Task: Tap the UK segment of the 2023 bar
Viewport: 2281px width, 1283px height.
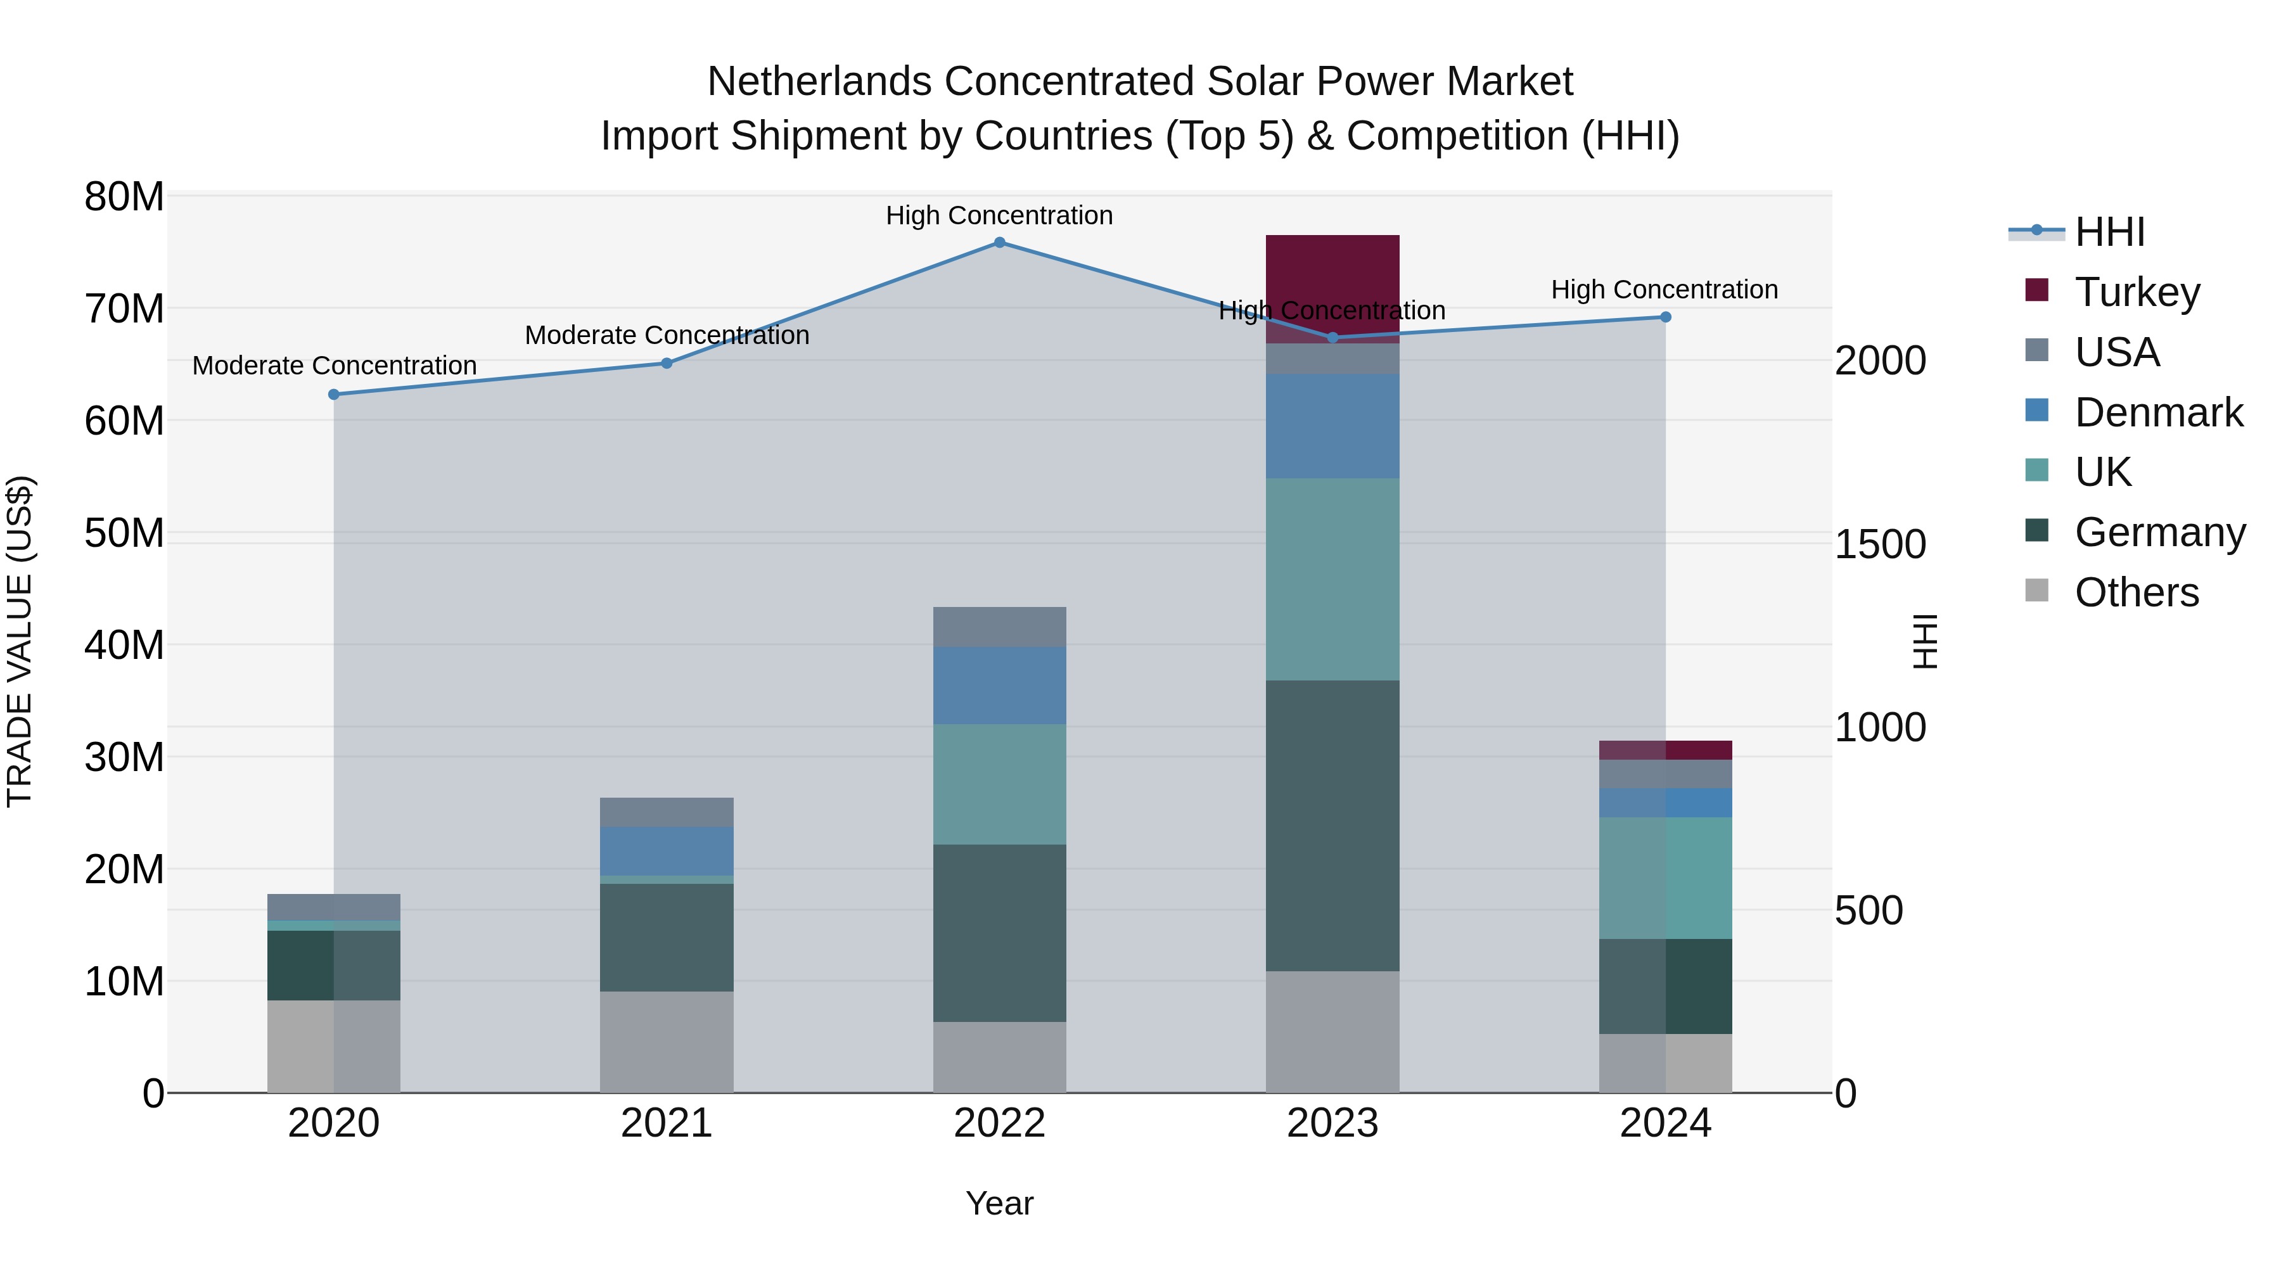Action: pos(1332,579)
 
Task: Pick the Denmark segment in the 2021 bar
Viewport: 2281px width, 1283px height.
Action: pos(666,851)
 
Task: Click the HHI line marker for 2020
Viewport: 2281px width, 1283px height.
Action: pos(334,394)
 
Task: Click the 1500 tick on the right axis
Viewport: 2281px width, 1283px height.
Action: pos(1879,544)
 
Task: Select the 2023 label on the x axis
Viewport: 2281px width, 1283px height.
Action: pos(1332,1123)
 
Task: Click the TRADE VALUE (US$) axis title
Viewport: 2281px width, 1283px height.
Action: pos(20,641)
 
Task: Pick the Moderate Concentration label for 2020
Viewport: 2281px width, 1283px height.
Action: pos(334,366)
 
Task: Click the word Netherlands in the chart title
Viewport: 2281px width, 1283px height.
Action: pos(819,82)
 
